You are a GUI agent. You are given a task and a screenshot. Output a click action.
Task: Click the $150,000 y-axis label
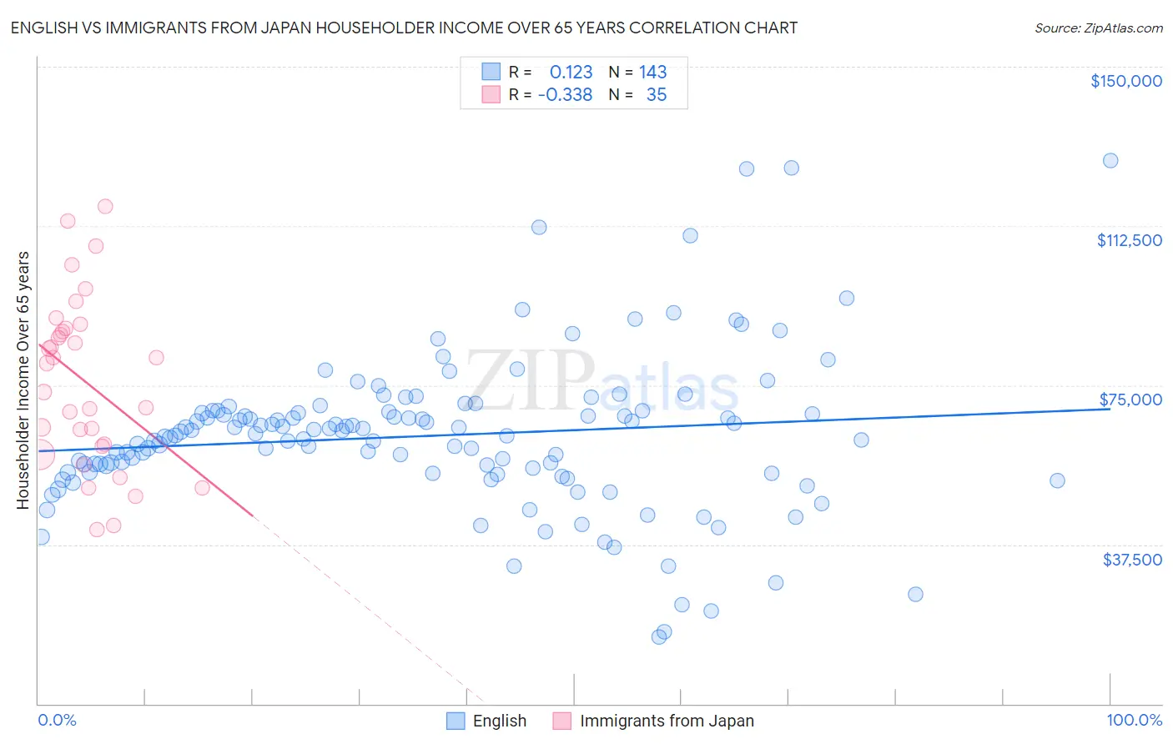1125,81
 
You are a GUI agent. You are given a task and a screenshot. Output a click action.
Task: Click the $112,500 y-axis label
1129,240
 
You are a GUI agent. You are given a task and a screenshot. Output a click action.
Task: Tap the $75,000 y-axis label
1130,400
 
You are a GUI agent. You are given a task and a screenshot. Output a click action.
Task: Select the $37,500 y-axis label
1132,560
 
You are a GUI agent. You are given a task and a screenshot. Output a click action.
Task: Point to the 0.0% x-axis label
57,721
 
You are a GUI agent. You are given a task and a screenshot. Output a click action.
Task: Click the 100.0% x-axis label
1134,721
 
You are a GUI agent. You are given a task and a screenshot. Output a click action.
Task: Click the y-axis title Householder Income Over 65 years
23,380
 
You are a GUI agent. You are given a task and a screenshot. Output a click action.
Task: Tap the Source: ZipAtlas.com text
1098,28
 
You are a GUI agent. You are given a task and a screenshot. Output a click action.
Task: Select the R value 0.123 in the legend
571,73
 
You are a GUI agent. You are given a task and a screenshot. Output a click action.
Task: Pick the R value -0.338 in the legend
565,95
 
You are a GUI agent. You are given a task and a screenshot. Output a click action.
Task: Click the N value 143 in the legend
652,73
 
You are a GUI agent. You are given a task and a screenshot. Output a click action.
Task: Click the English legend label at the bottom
499,721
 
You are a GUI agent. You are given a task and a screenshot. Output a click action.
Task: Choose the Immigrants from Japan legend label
667,721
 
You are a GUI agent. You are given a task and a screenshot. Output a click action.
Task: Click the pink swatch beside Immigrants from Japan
561,721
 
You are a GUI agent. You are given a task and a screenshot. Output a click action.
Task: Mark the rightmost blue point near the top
1110,161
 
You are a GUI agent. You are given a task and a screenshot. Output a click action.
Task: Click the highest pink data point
105,206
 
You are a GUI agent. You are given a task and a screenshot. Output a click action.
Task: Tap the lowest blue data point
659,636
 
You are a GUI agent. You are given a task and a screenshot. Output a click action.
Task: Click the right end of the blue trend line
1110,409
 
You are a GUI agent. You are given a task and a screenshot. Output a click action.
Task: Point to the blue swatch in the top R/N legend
491,72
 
